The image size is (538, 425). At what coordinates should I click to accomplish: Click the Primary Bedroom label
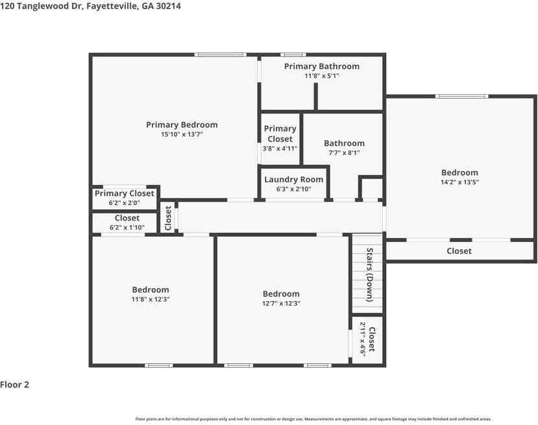182,125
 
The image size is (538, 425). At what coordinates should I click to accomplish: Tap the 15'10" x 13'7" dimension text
182,134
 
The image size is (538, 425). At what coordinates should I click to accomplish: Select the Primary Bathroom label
322,67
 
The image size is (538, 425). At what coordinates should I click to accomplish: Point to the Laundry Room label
294,180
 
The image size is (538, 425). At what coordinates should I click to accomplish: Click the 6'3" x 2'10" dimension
294,189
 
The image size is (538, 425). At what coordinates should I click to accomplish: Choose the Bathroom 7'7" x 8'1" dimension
344,152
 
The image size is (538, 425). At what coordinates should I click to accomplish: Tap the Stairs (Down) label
369,274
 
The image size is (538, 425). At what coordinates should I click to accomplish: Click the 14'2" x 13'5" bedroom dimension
459,182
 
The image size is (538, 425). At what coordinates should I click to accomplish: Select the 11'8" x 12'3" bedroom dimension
151,299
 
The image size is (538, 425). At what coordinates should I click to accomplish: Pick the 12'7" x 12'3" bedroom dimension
282,303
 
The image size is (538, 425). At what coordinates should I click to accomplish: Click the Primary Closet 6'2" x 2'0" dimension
124,202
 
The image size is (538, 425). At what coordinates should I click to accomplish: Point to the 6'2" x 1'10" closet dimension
127,227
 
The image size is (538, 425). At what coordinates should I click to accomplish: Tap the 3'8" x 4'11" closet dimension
280,149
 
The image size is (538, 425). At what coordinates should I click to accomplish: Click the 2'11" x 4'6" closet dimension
363,339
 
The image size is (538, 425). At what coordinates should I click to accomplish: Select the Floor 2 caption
14,385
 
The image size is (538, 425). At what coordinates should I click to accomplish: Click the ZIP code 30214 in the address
168,6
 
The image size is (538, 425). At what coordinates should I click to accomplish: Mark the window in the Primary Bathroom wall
293,55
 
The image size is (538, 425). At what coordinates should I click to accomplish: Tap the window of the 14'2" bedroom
462,96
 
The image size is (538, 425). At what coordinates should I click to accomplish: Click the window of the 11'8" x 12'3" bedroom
158,365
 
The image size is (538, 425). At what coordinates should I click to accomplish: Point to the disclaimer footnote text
313,419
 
